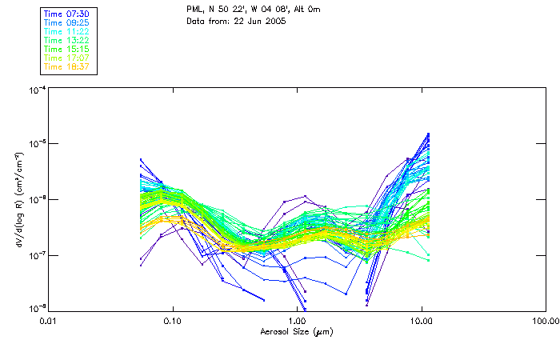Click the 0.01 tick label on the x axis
point(48,322)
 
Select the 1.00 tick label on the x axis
point(297,322)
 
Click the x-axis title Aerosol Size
point(296,332)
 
